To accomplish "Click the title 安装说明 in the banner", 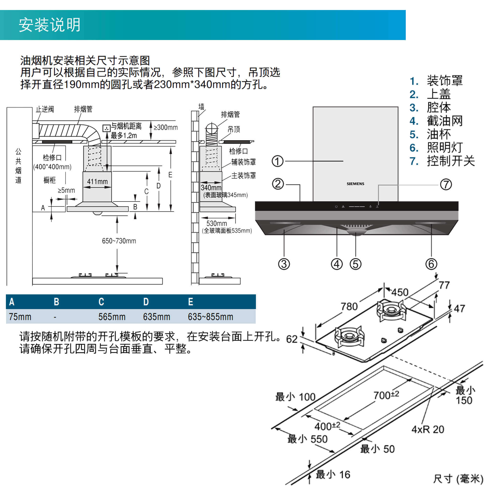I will point(50,25).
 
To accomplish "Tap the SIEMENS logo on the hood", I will point(355,184).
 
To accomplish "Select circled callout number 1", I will point(277,161).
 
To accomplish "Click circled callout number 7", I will point(446,184).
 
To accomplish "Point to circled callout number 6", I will point(431,264).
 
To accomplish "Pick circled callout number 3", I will point(284,264).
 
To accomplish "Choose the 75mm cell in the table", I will point(20,317).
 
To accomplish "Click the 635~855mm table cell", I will point(210,317).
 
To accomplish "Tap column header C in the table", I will point(101,302).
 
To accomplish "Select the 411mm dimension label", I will point(97,181).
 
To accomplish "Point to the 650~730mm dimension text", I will point(119,241).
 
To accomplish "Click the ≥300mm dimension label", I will point(165,127).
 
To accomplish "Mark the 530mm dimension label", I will point(216,223).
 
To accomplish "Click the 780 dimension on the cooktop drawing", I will point(349,307).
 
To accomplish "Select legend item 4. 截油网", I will point(436,121).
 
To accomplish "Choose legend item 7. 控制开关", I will point(442,161).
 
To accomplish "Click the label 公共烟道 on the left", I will point(18,166).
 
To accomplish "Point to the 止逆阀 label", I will point(45,109).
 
